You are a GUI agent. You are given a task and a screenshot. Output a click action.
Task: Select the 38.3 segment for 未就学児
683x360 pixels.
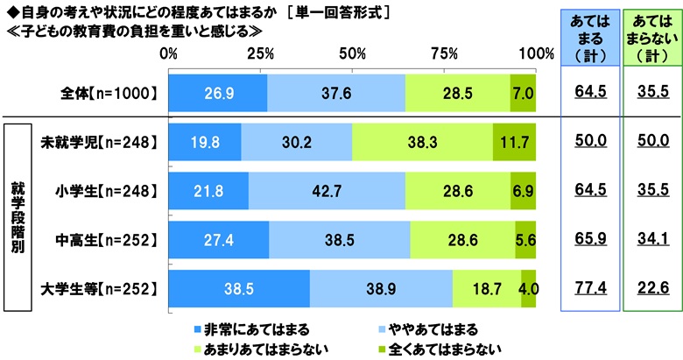point(422,141)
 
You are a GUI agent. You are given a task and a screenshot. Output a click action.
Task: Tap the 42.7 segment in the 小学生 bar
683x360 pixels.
point(327,190)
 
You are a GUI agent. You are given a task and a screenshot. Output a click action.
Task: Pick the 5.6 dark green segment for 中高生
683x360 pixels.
point(525,239)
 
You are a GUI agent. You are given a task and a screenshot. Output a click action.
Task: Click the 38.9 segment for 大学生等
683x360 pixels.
point(381,288)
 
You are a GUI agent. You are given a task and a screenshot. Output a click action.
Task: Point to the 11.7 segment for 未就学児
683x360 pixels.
point(514,141)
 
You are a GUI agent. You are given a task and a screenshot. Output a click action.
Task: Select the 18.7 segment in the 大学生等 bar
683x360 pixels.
point(487,288)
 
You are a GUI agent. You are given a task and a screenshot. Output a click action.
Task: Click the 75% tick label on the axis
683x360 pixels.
point(445,54)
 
